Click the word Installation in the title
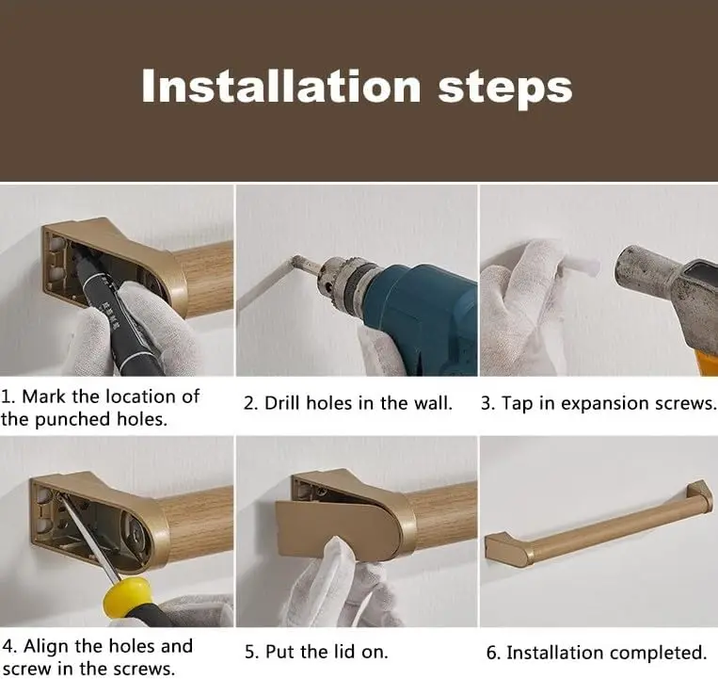(281, 86)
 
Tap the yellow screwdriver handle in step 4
(127, 595)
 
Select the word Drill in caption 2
(282, 403)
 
